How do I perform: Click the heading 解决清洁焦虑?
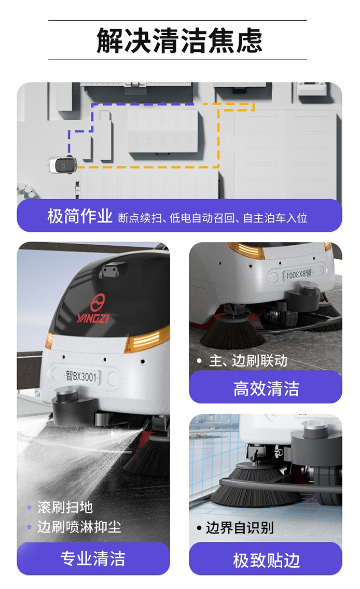[x=179, y=40]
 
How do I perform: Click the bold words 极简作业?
[x=80, y=216]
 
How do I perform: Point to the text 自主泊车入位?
[x=275, y=218]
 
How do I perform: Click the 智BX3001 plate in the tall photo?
[x=81, y=375]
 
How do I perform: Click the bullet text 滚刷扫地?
[x=65, y=507]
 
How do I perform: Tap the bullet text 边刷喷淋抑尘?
[x=79, y=527]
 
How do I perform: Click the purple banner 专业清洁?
[x=93, y=558]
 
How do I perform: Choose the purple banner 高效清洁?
[x=266, y=388]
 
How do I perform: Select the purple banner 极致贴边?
[x=266, y=560]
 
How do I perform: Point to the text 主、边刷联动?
[x=248, y=361]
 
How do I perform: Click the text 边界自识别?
[x=239, y=528]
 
